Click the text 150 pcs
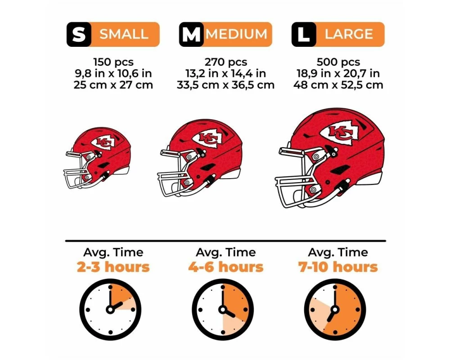tap(113, 62)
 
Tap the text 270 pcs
tap(225, 62)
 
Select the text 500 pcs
tap(338, 62)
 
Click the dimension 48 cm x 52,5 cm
tap(338, 85)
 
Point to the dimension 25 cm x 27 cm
tap(113, 85)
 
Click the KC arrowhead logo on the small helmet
tap(103, 143)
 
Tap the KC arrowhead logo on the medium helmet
tap(208, 138)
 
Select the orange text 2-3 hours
tap(113, 267)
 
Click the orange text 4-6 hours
tap(225, 267)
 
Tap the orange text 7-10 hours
tap(338, 267)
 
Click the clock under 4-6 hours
tap(223, 310)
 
